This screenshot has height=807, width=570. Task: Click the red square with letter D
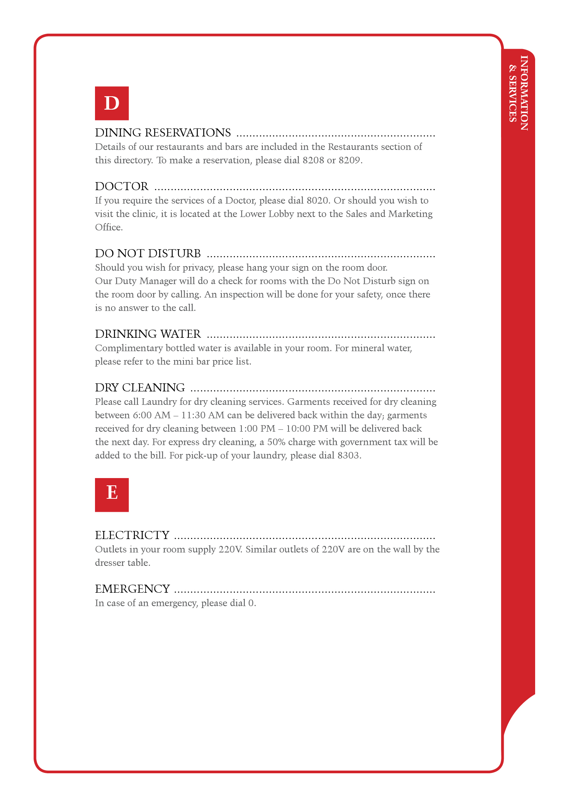(x=111, y=103)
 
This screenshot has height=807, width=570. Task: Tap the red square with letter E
(x=111, y=495)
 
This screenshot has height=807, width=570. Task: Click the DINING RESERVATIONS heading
(x=163, y=133)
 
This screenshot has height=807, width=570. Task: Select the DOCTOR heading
(x=121, y=186)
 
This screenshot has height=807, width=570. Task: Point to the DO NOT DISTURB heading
(x=148, y=253)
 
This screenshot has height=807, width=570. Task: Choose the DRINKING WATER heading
(x=148, y=334)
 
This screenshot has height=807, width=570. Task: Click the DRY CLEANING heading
(x=140, y=388)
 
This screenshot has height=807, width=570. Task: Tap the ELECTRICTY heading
(x=132, y=535)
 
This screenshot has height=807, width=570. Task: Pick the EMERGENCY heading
(x=133, y=589)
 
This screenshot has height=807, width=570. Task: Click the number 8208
(x=313, y=160)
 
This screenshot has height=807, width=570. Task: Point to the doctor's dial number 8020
(x=317, y=201)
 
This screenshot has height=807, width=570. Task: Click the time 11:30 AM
(x=203, y=415)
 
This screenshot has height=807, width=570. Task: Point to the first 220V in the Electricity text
(x=230, y=549)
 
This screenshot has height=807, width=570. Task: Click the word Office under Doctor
(x=108, y=227)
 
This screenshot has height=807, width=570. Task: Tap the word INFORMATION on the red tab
(x=524, y=93)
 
